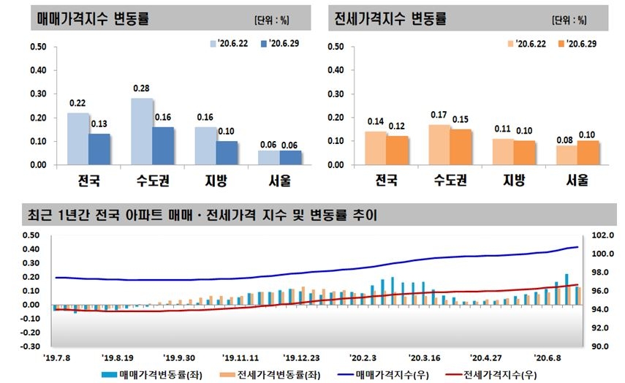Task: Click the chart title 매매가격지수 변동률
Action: [x=93, y=19]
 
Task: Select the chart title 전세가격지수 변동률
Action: [x=389, y=19]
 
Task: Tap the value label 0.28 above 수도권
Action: [x=141, y=88]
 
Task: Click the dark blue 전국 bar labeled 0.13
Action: [x=99, y=149]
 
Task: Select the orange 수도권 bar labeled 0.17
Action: [x=439, y=145]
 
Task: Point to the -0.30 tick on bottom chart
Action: [x=34, y=346]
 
